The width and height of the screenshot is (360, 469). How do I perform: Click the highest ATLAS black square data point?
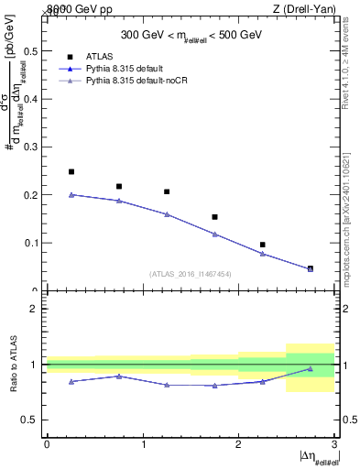click(71, 171)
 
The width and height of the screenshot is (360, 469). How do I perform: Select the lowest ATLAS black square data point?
click(311, 268)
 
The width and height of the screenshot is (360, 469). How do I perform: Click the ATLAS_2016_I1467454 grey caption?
click(191, 273)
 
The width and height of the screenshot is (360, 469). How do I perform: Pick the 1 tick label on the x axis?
click(143, 444)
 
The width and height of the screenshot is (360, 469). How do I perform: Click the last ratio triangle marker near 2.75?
click(311, 369)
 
